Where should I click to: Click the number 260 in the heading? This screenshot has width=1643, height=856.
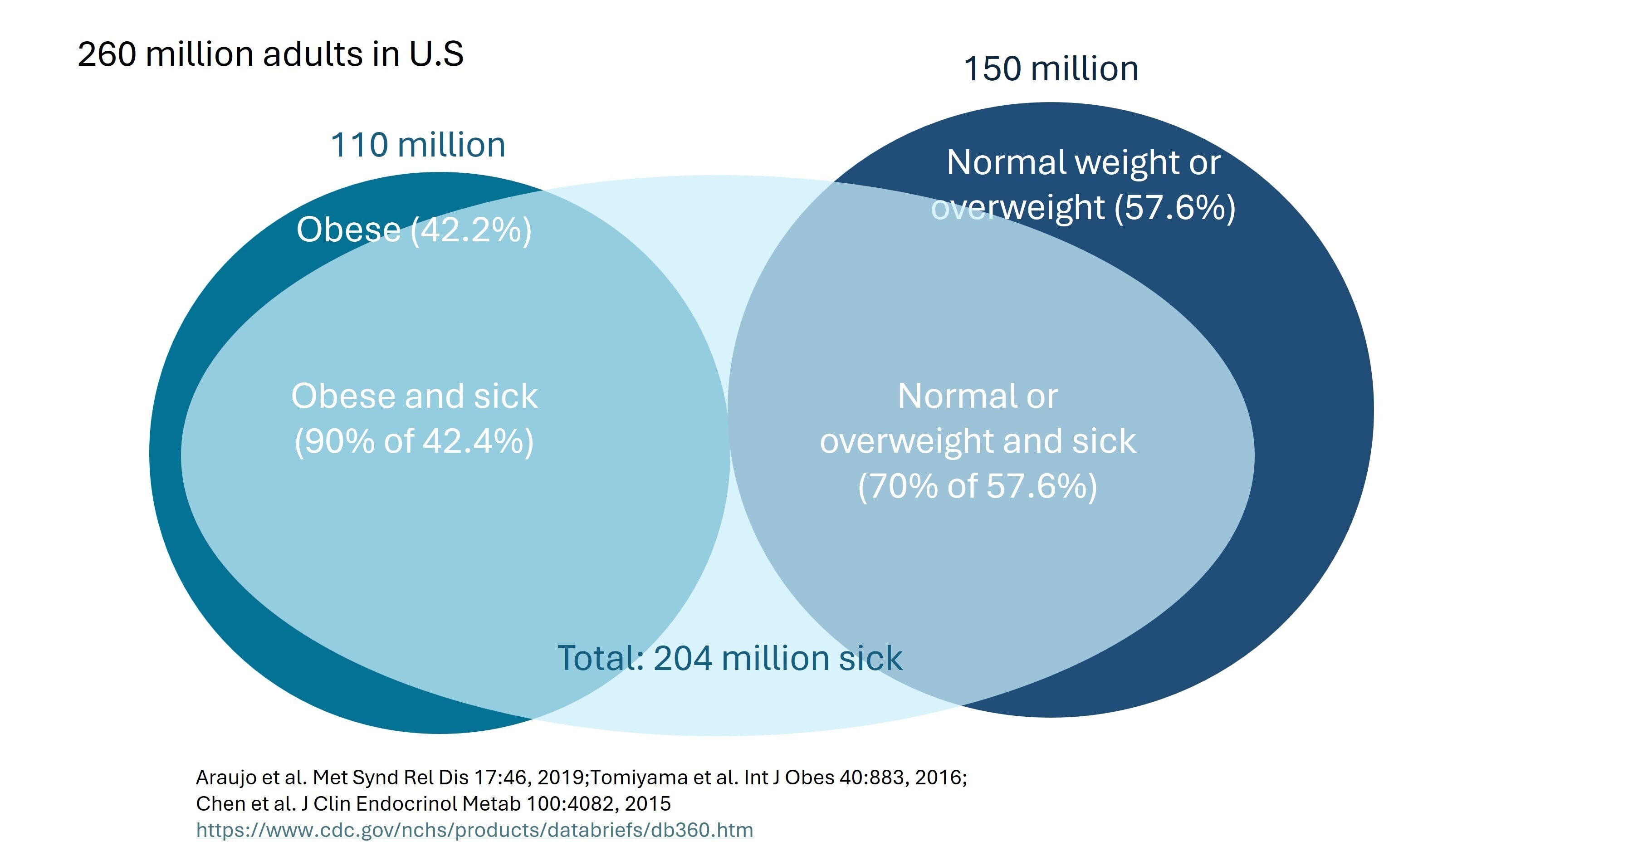[107, 54]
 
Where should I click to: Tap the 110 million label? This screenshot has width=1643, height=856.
[418, 146]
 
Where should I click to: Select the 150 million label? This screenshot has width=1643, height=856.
[1051, 69]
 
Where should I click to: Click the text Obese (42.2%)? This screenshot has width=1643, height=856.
[413, 230]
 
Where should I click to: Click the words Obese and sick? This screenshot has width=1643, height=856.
[414, 396]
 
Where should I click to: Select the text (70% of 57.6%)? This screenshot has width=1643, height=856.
[977, 486]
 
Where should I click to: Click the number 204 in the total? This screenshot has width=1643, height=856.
[682, 658]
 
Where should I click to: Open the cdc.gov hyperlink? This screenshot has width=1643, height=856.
[474, 830]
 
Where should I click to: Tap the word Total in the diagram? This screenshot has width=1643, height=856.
[600, 658]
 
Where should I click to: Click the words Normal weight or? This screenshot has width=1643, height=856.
[1083, 163]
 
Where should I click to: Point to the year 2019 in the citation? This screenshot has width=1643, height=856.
[561, 778]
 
